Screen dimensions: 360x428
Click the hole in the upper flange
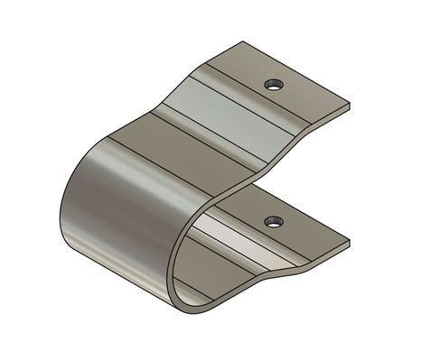pos(273,85)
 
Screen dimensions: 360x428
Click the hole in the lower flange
pos(273,220)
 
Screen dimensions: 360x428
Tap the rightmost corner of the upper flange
pos(349,105)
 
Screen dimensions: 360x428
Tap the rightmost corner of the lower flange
pos(349,241)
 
